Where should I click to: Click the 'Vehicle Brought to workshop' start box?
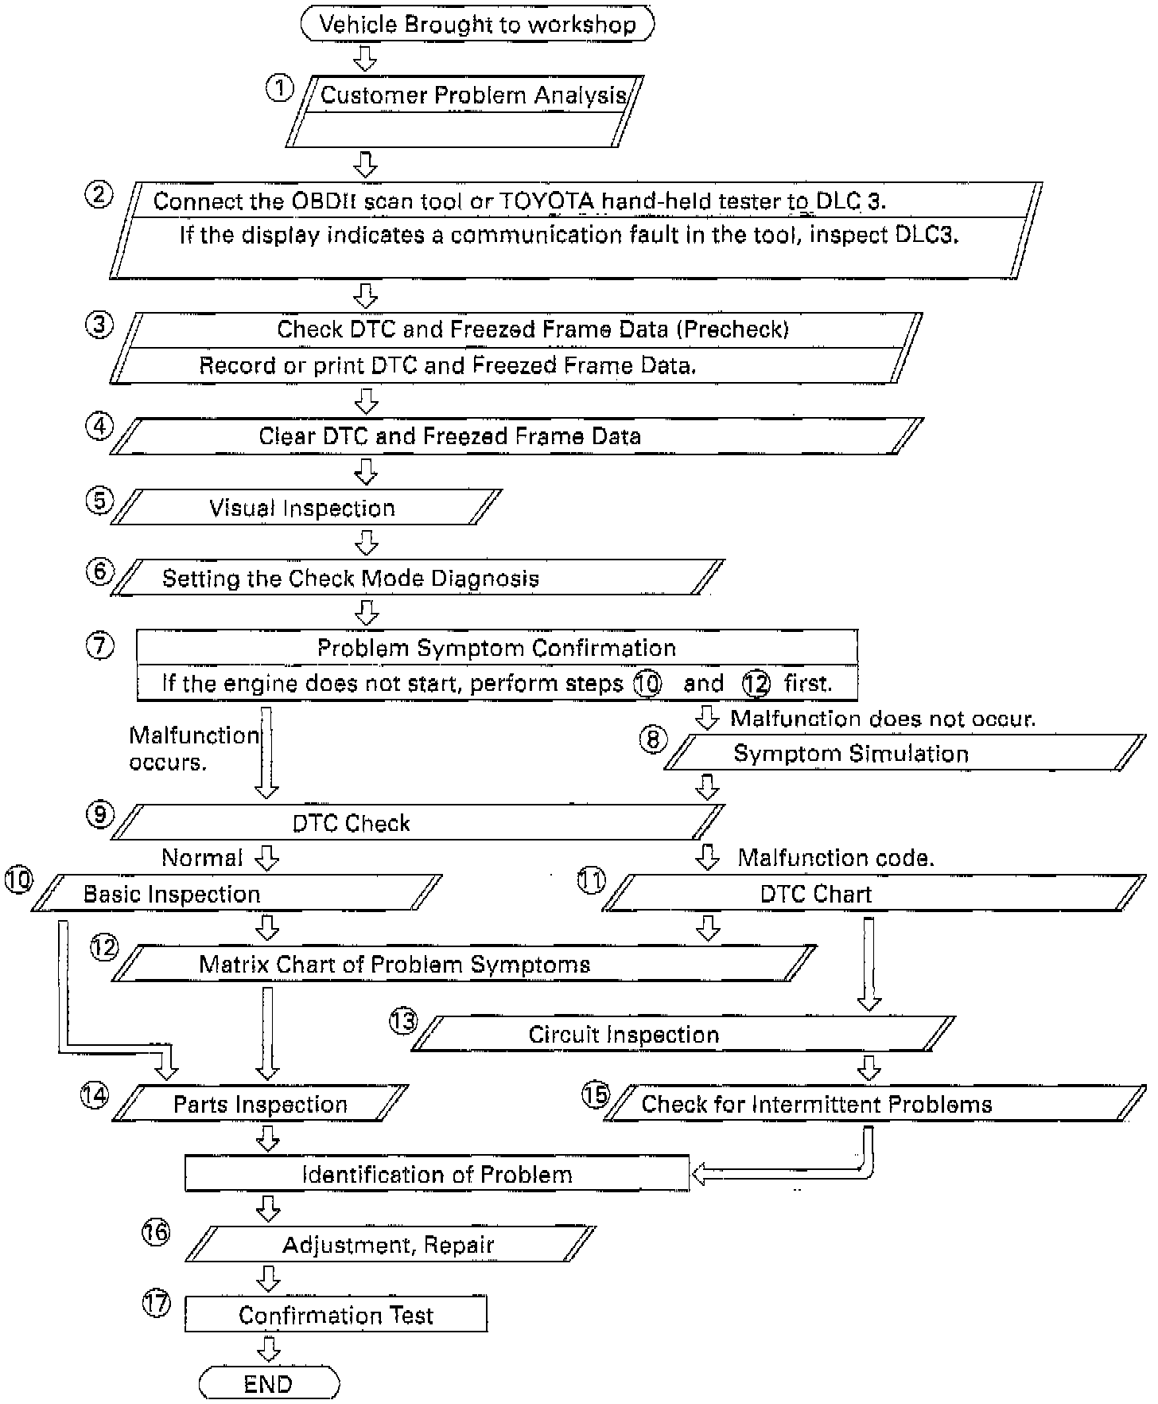click(477, 24)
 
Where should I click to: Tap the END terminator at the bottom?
click(269, 1383)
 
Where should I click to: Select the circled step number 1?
click(279, 88)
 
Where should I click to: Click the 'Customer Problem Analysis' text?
click(473, 96)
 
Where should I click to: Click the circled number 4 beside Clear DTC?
click(99, 427)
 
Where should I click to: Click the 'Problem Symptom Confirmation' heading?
click(496, 648)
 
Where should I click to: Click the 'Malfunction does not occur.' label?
click(883, 719)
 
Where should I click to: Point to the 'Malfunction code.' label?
click(836, 858)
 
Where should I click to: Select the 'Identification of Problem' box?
click(437, 1175)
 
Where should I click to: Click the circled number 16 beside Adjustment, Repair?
click(156, 1232)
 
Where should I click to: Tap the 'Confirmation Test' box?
click(336, 1315)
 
